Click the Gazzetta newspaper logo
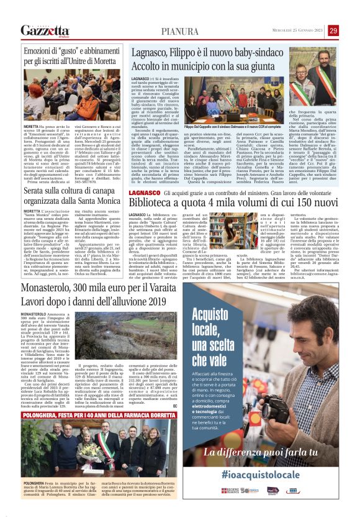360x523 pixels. tap(44, 30)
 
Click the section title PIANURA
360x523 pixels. tap(179, 32)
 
